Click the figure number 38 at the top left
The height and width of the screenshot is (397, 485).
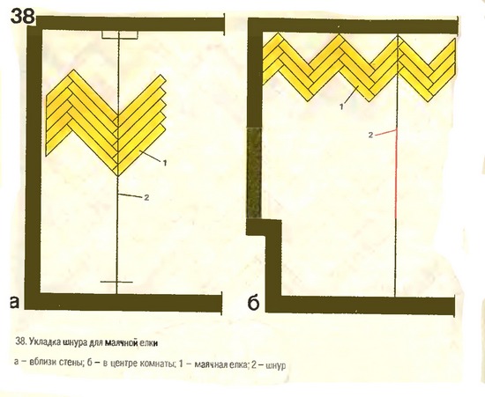[x=22, y=16]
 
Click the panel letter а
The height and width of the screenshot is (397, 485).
[x=14, y=302]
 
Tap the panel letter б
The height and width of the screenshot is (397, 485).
[x=253, y=303]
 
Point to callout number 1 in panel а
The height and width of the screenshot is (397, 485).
[x=165, y=163]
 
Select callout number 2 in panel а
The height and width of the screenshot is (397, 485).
[x=146, y=197]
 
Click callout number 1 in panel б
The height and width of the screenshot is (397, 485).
[x=341, y=107]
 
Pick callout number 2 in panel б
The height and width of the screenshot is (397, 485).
[x=371, y=135]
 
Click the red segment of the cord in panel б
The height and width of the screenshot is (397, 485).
[x=396, y=173]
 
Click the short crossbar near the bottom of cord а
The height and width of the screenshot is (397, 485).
[x=116, y=282]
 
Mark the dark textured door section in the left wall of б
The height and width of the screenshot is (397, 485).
[x=254, y=173]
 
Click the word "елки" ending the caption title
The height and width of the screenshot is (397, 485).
[x=149, y=342]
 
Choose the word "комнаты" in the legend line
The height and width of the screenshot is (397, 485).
[x=157, y=363]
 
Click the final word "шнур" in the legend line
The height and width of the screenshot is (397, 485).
[x=275, y=366]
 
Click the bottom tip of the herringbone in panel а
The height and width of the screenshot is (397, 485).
[x=117, y=176]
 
